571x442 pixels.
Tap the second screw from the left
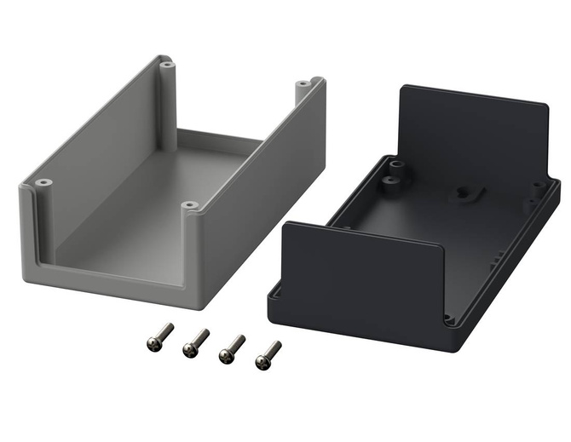(x=194, y=342)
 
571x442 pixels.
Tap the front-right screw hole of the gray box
(x=190, y=205)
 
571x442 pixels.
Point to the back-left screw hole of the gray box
(x=166, y=63)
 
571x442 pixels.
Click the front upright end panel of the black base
(x=364, y=273)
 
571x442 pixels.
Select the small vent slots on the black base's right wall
(x=499, y=256)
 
